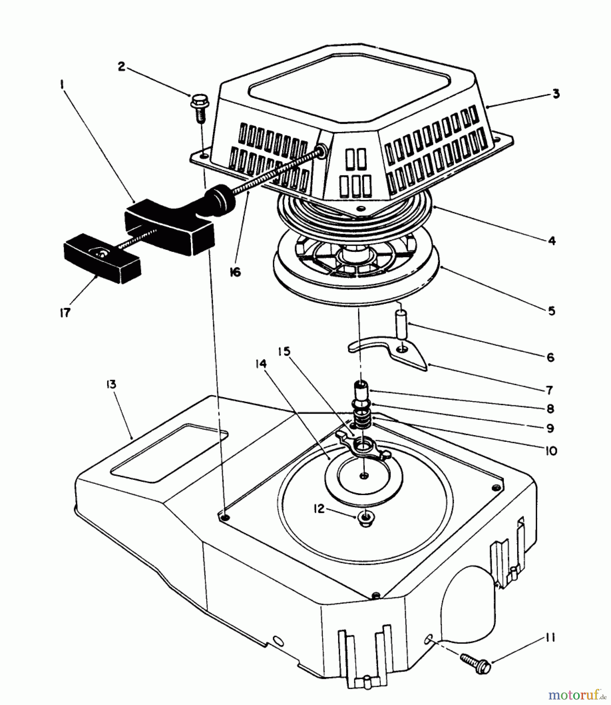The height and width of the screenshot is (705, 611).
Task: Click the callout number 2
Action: coord(122,67)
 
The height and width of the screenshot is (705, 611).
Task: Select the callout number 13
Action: coord(111,384)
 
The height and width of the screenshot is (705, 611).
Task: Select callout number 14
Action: coord(261,364)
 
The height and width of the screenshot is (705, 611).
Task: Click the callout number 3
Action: coord(556,94)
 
